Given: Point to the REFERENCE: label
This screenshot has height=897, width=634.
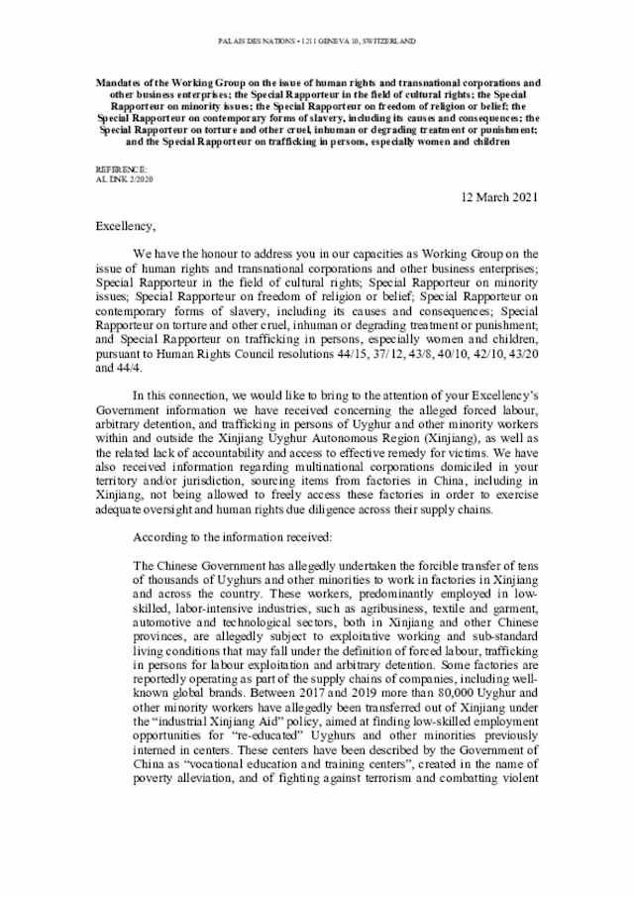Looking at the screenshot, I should pyautogui.click(x=120, y=171).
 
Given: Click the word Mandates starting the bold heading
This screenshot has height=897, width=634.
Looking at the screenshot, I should pyautogui.click(x=122, y=81).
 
